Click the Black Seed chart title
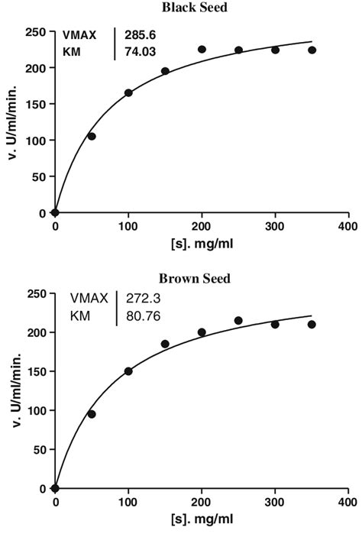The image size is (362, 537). click(194, 7)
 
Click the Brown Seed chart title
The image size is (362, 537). click(194, 279)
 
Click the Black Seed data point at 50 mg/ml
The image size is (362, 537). click(92, 136)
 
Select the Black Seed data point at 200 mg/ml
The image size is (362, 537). click(202, 50)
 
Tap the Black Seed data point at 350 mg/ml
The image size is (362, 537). click(312, 50)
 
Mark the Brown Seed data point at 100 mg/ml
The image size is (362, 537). click(128, 371)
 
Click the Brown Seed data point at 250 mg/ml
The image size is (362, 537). click(238, 321)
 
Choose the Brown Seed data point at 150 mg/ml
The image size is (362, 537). click(165, 344)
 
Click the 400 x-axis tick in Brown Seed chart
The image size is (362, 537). click(347, 503)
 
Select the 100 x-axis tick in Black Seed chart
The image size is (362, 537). click(128, 227)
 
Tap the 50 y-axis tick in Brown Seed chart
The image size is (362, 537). click(39, 449)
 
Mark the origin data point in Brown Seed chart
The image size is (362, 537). click(55, 488)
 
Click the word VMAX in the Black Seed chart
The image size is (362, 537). click(80, 35)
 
